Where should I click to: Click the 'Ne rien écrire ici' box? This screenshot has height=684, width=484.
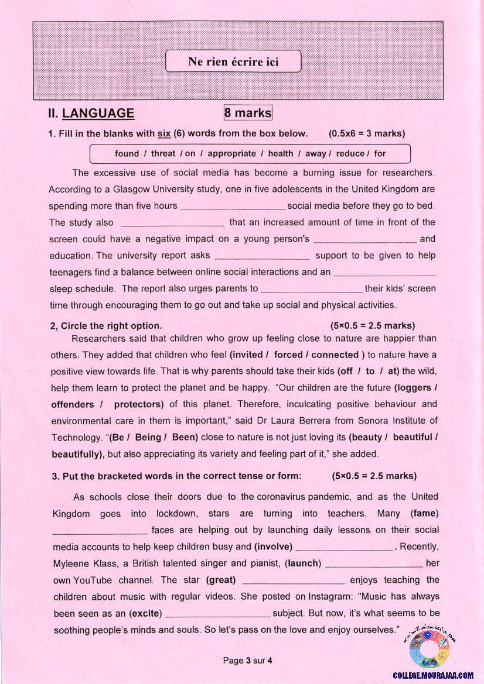click(233, 61)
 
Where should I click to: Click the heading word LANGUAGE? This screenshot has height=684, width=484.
click(98, 114)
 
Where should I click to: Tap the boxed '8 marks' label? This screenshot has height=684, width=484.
click(248, 112)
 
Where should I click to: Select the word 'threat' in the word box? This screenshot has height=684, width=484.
click(163, 154)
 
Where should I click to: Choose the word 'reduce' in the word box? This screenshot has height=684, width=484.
click(349, 154)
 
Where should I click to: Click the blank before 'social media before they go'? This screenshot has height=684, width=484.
click(233, 206)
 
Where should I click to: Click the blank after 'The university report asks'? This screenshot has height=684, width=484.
click(263, 256)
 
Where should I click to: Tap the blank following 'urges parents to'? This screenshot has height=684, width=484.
click(311, 288)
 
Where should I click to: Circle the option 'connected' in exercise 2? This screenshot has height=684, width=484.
click(335, 355)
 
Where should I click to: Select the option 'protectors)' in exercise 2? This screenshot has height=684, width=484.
click(139, 404)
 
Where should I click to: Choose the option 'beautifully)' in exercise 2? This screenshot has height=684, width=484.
click(78, 453)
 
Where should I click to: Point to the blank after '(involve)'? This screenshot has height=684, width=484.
click(345, 546)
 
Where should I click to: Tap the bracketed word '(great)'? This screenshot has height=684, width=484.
click(221, 580)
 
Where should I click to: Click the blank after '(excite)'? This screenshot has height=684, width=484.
click(219, 613)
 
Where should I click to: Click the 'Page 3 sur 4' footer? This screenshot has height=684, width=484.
click(248, 661)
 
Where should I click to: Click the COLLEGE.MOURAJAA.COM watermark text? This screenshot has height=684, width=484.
click(433, 675)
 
